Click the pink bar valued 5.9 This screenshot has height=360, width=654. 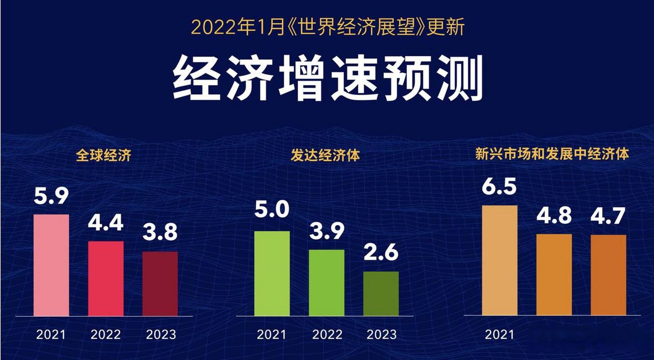pos(51,265)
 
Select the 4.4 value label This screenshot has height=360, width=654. pos(106,222)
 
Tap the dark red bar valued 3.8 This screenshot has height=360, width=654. pos(160,283)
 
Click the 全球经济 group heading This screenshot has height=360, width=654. pos(104,156)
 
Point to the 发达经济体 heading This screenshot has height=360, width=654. pos(325,156)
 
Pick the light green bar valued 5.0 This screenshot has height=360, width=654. pos(272,273)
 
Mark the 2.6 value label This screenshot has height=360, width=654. pos(381,252)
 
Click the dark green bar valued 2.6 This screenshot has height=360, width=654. pos(381,293)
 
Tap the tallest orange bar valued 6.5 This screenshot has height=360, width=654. pos(500,260)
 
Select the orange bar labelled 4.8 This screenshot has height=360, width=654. pos(554,274)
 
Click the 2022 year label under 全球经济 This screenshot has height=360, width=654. pos(106,335)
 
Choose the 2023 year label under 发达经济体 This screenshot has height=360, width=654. pos(381,335)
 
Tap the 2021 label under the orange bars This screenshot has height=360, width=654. pos(499,335)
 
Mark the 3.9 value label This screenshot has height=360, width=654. pos(327,231)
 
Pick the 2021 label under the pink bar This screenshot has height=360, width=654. pos(51,335)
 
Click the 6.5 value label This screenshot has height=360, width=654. pos(499,186)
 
